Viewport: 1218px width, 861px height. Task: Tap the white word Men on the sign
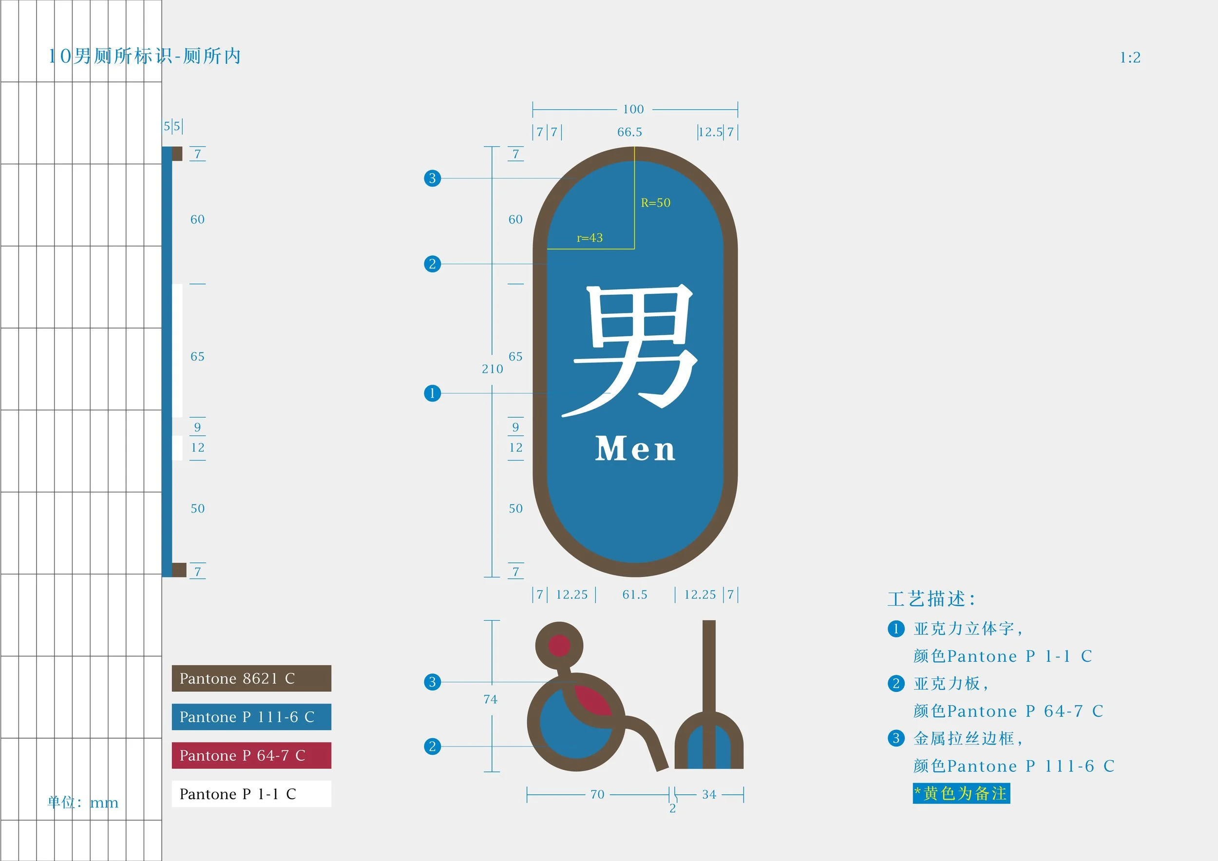(x=635, y=449)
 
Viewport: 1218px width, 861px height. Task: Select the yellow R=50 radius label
(x=655, y=203)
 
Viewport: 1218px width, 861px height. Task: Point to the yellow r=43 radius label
(x=590, y=238)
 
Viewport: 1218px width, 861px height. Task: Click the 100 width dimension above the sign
(x=633, y=109)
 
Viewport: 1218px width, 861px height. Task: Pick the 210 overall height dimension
(x=492, y=369)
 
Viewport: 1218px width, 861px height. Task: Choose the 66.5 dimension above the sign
(x=629, y=132)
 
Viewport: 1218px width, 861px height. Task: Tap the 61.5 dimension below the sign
(x=634, y=594)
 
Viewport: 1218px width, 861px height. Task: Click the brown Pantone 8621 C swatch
(x=251, y=678)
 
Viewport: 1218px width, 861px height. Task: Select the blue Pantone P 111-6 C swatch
(x=251, y=717)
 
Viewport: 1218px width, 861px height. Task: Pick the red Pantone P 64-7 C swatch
(x=251, y=755)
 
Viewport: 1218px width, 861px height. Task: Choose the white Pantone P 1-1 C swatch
(x=251, y=794)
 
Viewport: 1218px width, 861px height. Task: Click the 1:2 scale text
(x=1130, y=57)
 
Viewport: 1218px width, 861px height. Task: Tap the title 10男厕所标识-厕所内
(x=144, y=56)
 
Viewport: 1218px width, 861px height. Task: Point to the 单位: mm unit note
(x=83, y=802)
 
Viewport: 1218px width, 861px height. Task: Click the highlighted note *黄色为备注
(x=961, y=794)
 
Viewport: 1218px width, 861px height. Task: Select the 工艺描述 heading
(x=931, y=599)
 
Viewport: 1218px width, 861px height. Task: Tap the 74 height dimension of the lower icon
(x=490, y=699)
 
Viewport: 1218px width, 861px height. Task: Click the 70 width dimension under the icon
(x=597, y=794)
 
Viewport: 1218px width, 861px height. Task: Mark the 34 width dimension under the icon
(x=709, y=794)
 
